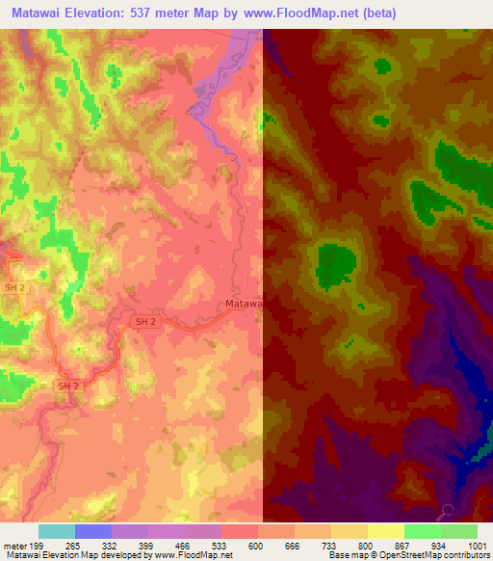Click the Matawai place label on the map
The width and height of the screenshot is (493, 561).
coord(244,304)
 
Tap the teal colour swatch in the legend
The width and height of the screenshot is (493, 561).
coord(57,531)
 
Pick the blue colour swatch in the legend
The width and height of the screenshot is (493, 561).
coord(93,531)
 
